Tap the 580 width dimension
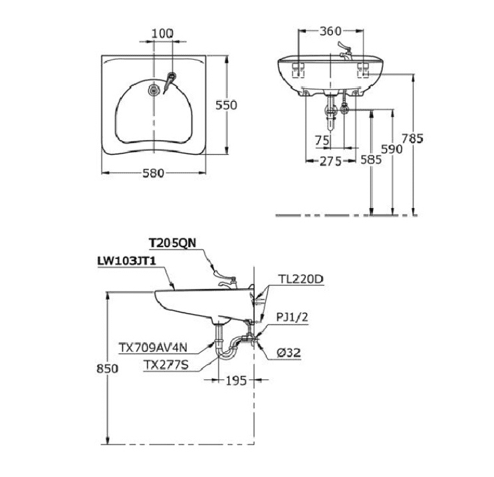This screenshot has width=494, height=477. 153,173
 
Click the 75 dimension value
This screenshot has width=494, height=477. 322,140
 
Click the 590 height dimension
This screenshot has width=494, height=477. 393,150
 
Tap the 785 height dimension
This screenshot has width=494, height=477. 414,139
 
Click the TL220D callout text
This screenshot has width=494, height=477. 301,280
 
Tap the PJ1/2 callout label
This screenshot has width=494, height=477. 293,318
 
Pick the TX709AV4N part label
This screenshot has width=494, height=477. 151,346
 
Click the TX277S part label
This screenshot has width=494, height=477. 166,363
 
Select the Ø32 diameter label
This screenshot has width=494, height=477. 289,353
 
